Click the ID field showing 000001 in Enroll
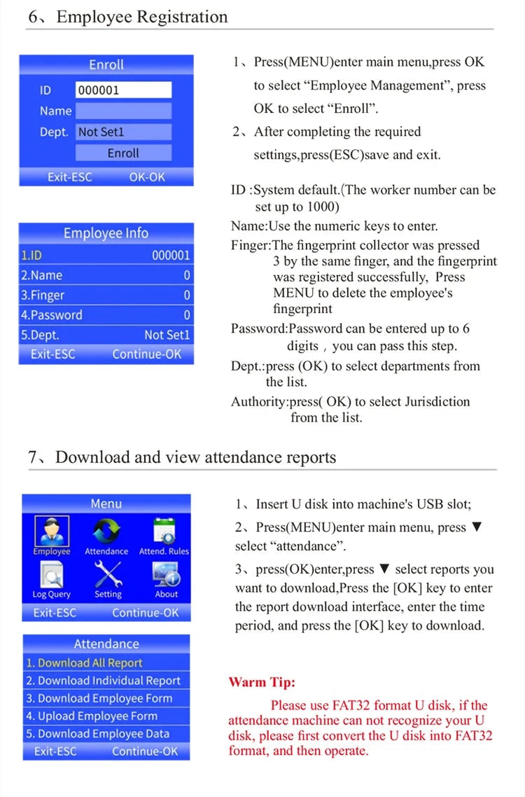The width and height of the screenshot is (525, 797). coord(123,90)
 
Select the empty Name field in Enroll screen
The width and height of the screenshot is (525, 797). coord(123,111)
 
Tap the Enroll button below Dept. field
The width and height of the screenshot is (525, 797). coord(123,153)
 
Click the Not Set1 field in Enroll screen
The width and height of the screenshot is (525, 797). coord(123,132)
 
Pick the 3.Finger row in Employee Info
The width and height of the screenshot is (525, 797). coord(106,296)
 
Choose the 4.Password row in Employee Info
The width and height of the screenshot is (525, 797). coord(106,315)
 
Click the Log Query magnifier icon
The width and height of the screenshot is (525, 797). coord(51,576)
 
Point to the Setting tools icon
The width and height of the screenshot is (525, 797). coord(108,576)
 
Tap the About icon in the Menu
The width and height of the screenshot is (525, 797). coord(166,576)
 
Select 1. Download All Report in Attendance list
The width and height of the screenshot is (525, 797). coord(106,663)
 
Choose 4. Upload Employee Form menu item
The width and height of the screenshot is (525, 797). coord(106,716)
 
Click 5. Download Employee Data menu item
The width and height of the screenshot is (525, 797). coord(106,734)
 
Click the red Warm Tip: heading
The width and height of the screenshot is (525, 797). coord(262,682)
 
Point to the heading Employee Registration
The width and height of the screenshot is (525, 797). coord(142,17)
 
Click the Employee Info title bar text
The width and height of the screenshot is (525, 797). coord(106,233)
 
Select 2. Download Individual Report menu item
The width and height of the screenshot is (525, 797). coord(106,681)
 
